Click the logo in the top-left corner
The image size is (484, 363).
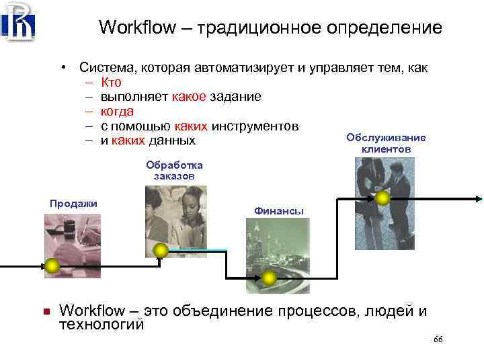18,22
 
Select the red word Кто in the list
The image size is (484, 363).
111,83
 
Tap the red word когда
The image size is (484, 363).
117,111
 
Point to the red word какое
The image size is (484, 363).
190,97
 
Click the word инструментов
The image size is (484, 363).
255,126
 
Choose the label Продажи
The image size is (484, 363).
74,204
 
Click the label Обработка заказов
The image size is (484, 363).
174,170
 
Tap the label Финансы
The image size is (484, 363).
279,211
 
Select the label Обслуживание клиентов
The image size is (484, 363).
386,143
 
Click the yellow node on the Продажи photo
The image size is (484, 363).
52,266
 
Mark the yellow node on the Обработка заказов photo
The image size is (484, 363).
161,251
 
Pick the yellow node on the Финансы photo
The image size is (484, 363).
270,277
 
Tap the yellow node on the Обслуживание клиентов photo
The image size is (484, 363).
382,198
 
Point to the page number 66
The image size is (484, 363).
438,340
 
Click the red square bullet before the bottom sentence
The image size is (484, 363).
46,311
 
